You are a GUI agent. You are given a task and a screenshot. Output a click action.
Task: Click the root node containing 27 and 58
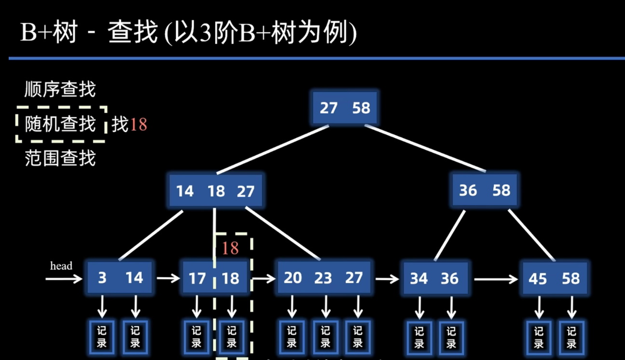pos(344,107)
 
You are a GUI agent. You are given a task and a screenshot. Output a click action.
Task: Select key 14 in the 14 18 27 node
pos(185,191)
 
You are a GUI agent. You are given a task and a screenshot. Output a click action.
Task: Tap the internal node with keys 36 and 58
pos(484,190)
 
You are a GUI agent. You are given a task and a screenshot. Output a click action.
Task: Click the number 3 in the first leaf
pos(102,278)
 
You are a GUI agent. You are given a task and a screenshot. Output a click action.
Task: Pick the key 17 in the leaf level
pos(197,279)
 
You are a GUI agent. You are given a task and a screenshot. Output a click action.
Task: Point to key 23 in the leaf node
pos(323,278)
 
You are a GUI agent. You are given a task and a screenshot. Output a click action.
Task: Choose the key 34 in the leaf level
pos(419,279)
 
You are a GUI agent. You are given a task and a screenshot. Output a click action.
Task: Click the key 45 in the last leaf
pos(538,279)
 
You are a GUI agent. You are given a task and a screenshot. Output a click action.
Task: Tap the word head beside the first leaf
pos(61,266)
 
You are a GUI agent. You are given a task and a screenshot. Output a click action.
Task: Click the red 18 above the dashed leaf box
pos(231,248)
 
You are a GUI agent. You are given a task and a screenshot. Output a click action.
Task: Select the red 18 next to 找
pos(138,125)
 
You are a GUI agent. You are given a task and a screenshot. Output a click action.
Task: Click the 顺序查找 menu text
pos(60,89)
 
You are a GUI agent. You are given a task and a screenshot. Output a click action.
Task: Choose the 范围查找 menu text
pos(60,158)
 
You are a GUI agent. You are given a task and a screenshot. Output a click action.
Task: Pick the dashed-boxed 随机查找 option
pos(60,124)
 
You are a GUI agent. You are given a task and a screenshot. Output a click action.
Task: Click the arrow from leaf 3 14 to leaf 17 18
pos(168,278)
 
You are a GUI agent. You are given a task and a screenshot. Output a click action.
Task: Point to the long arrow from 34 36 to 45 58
pos(495,279)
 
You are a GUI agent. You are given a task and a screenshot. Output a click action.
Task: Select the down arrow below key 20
pos(292,307)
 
